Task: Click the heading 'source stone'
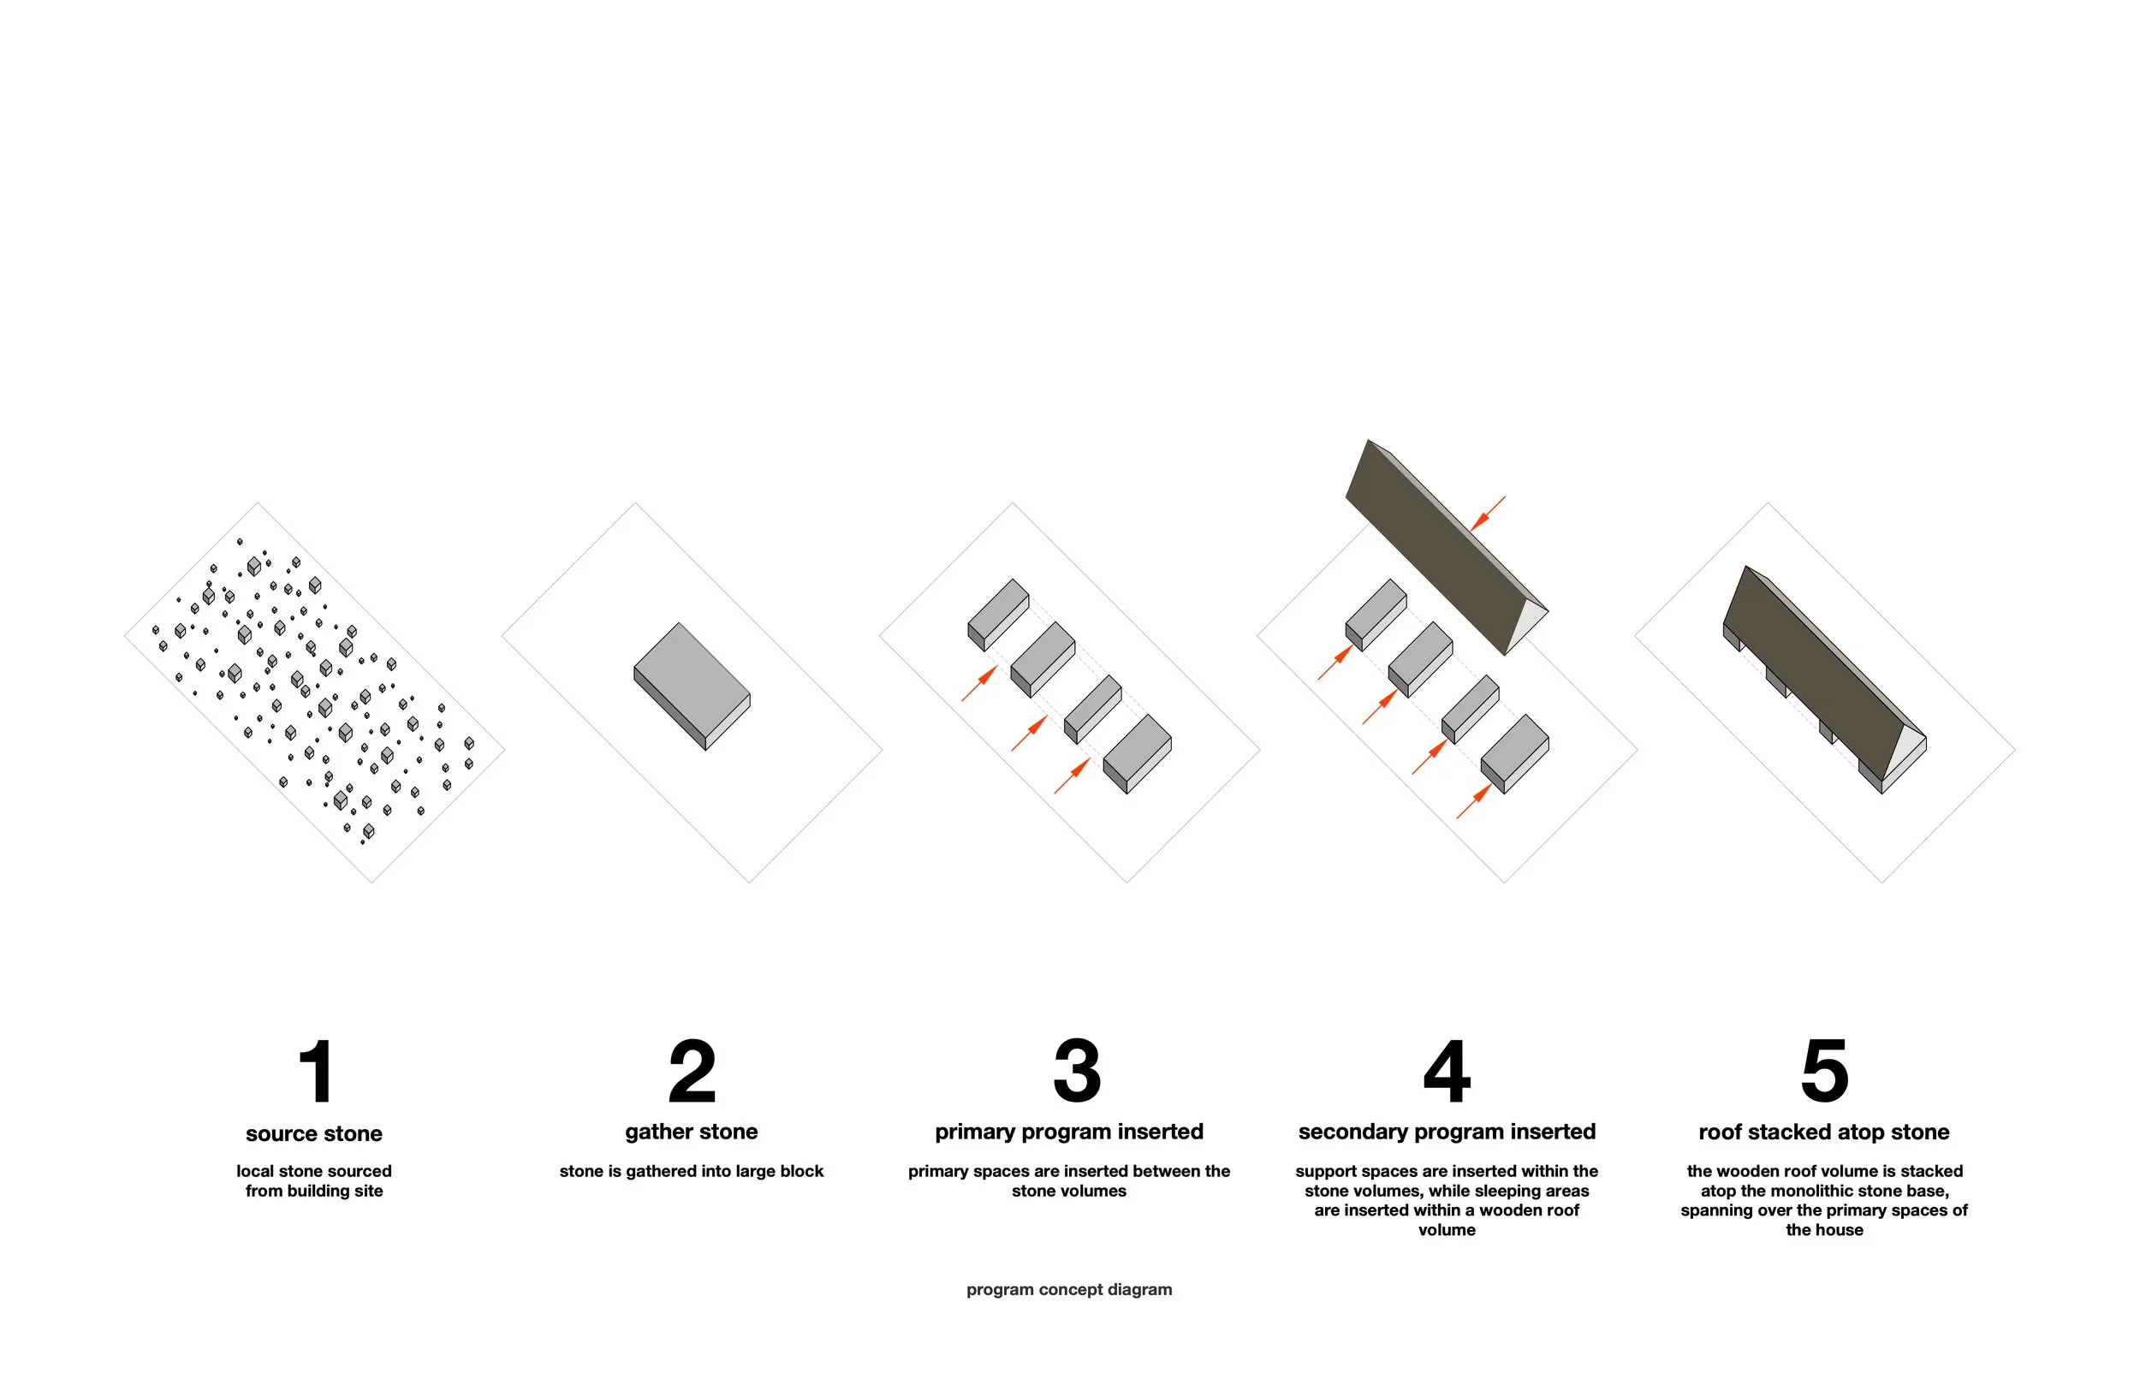[314, 1133]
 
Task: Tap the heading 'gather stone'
[692, 1132]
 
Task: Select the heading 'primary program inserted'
[1069, 1132]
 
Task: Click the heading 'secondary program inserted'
[1447, 1132]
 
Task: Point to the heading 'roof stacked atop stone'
[1824, 1132]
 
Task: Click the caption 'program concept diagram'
[1069, 1290]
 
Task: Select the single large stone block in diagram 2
[692, 686]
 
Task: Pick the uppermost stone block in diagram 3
[998, 615]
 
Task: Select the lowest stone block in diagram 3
[1138, 753]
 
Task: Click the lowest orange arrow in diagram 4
[1475, 801]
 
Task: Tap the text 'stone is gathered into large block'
[692, 1172]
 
